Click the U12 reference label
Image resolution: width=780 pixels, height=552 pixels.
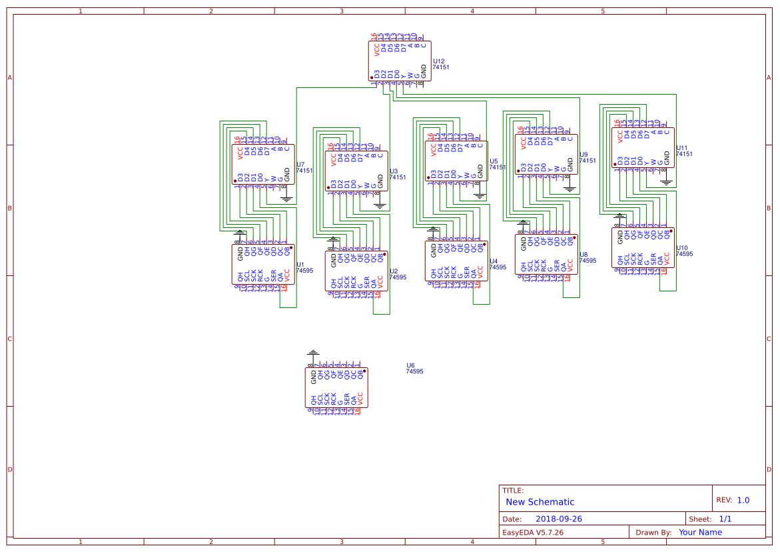438,61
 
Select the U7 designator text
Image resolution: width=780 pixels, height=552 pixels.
300,164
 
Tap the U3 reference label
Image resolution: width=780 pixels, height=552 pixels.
393,171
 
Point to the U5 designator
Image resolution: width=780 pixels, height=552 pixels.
493,161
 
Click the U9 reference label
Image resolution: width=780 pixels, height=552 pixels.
584,154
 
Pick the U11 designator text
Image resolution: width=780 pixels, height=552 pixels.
682,147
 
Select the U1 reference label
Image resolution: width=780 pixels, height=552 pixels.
300,265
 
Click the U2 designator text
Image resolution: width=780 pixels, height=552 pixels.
393,271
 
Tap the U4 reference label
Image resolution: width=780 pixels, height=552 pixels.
493,261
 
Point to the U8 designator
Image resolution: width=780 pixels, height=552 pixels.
584,254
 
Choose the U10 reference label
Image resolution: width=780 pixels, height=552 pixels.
682,247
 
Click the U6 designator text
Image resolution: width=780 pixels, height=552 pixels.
410,365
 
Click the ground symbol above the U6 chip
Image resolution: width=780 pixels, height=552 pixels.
312,353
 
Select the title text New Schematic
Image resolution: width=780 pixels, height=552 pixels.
540,502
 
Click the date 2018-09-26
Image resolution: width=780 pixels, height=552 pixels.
559,519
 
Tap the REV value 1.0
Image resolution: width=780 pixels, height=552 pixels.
743,500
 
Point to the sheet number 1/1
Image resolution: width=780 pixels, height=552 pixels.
725,519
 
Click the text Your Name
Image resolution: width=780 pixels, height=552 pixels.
700,532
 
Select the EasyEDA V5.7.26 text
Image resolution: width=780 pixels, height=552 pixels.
532,532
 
